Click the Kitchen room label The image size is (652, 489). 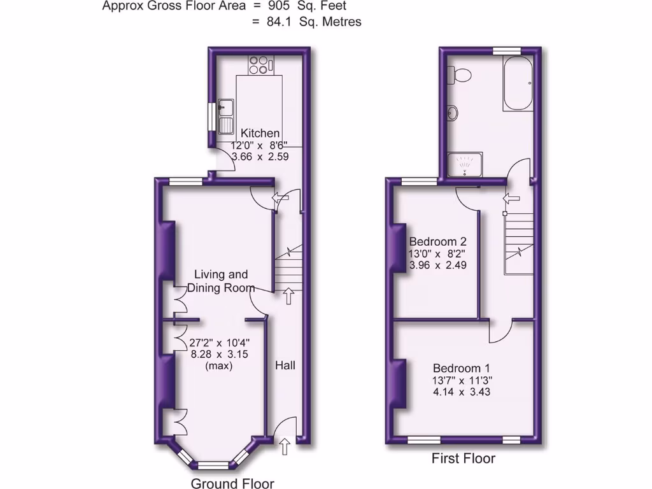(x=260, y=133)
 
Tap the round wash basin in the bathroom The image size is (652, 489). (x=453, y=113)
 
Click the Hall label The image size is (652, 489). (x=285, y=365)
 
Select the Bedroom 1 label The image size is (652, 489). (x=462, y=368)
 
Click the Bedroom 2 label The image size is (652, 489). (x=437, y=241)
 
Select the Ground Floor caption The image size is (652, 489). (x=232, y=483)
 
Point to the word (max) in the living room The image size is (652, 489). (x=218, y=366)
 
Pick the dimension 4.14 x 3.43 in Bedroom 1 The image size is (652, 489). (x=462, y=392)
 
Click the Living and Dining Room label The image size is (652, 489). (x=220, y=281)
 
